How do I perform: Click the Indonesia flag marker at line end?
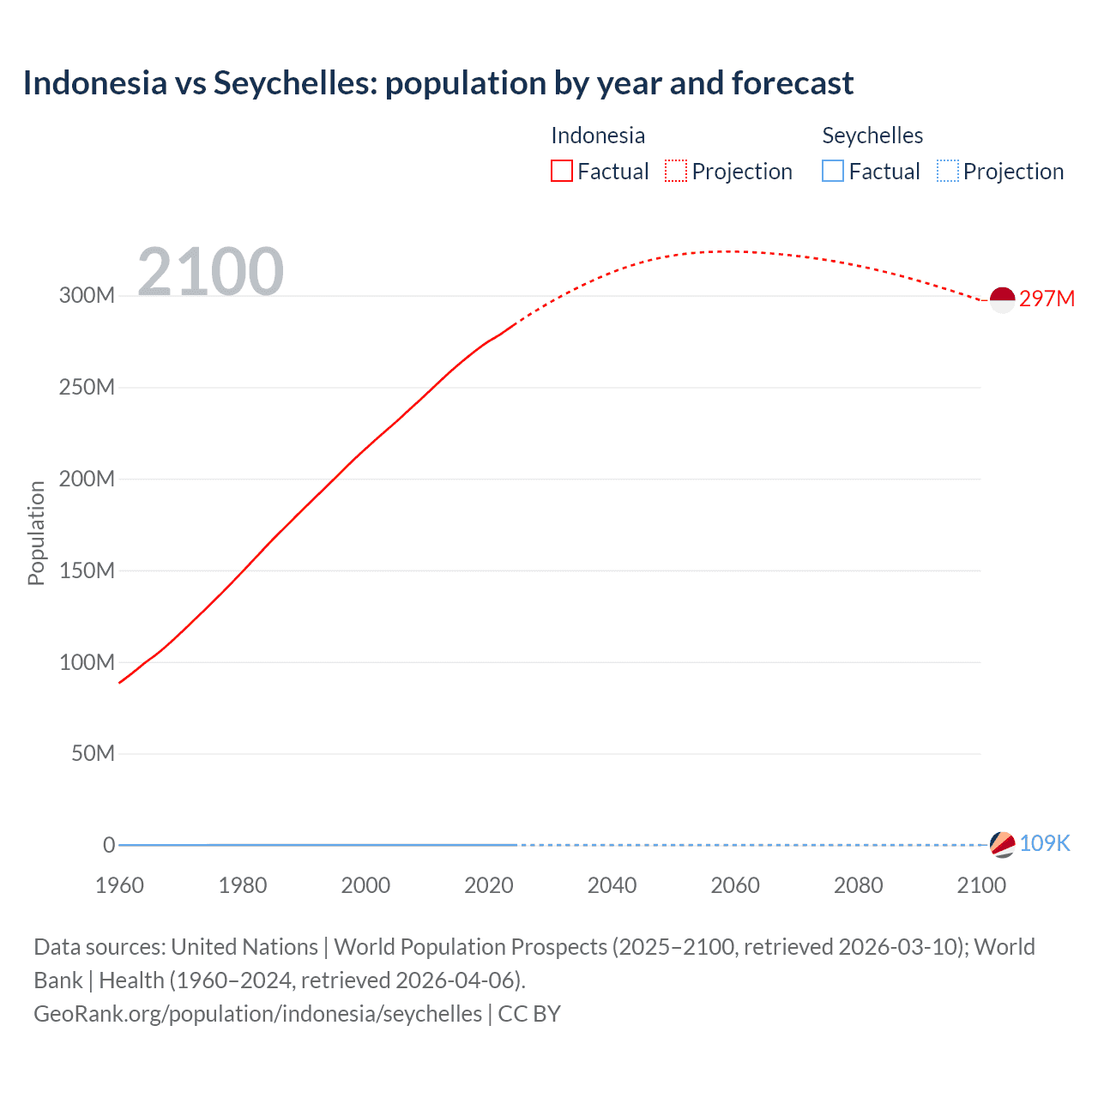coord(1002,299)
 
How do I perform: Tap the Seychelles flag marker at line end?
coord(1002,844)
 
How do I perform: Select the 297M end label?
coord(1047,299)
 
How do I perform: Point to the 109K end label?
coord(1045,843)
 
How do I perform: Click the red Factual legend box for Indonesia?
coord(561,171)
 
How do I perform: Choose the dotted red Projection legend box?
coord(676,171)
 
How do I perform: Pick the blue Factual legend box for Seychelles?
coord(833,171)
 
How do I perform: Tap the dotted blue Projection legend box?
coord(947,171)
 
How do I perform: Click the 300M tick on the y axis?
coord(87,295)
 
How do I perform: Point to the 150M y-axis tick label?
coord(87,570)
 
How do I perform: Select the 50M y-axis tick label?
coord(93,753)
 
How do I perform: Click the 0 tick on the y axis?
coord(109,845)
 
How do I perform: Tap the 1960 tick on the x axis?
coord(119,885)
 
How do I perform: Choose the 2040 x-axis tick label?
coord(612,885)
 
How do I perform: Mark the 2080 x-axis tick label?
coord(858,885)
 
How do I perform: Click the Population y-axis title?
coord(36,533)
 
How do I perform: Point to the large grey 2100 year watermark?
coord(210,271)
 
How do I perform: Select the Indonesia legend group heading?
coord(598,136)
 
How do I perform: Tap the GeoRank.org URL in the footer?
coord(257,1014)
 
